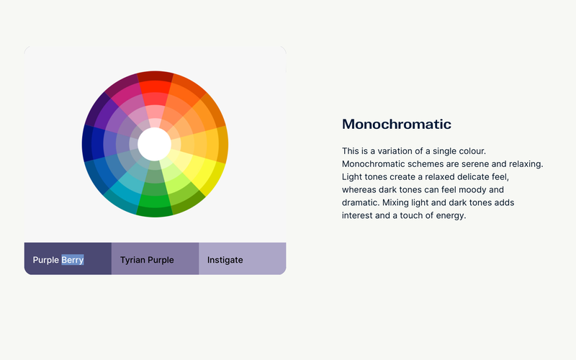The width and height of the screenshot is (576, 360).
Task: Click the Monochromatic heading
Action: click(397, 124)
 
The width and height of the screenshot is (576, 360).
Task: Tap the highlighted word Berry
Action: click(73, 260)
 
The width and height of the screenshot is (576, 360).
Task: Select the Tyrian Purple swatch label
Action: click(147, 260)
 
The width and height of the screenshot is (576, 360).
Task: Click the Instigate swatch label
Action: click(225, 260)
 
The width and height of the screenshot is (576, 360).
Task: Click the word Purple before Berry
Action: click(46, 260)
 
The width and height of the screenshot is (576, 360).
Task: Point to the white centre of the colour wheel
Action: click(154, 144)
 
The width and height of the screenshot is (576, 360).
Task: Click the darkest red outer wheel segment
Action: click(155, 76)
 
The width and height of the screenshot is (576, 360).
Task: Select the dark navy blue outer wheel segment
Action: click(87, 143)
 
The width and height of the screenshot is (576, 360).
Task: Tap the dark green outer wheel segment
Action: click(155, 212)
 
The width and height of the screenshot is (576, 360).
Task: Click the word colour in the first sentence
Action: click(472, 151)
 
